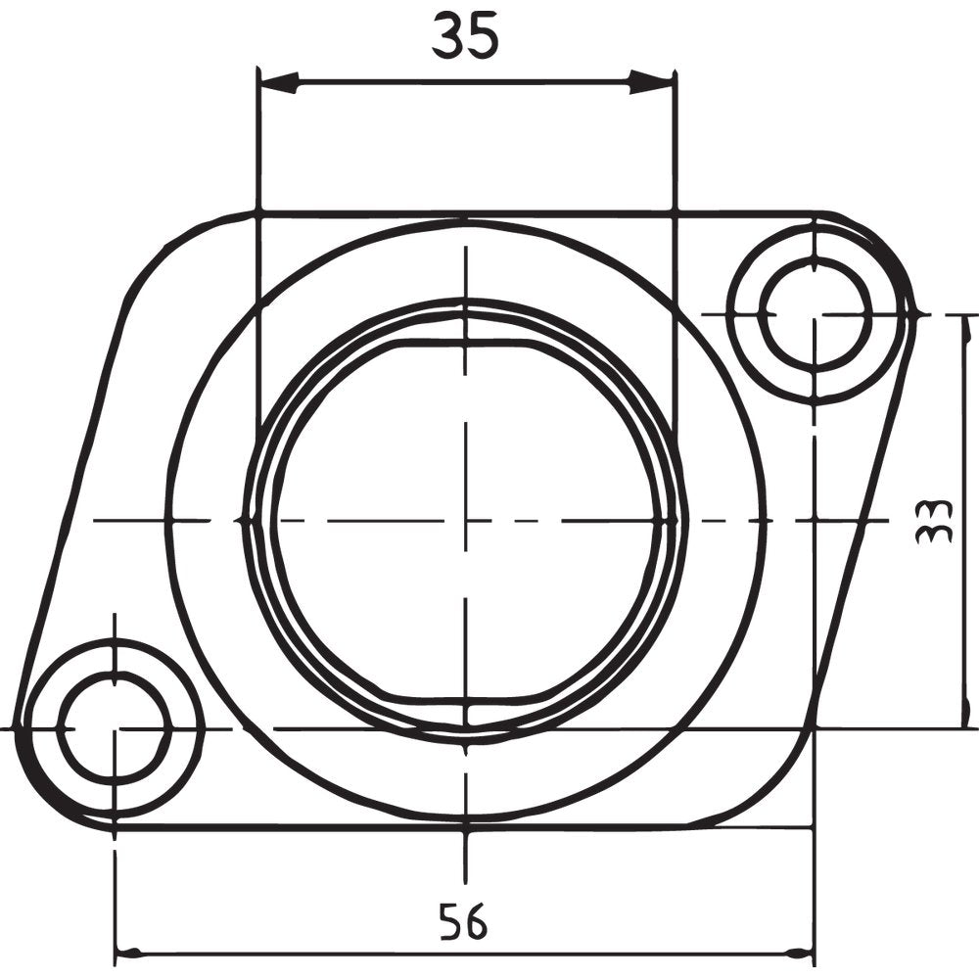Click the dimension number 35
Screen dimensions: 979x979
pyautogui.click(x=465, y=36)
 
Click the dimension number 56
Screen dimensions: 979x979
pyautogui.click(x=462, y=921)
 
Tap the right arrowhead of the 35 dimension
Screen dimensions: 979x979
pyautogui.click(x=654, y=83)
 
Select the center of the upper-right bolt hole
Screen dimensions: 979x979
pyautogui.click(x=815, y=314)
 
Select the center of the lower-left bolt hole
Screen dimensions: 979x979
pyautogui.click(x=115, y=728)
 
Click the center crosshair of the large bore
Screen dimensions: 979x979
pyautogui.click(x=466, y=520)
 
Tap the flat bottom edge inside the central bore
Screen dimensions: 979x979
pyautogui.click(x=466, y=699)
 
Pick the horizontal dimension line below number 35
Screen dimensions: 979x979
pyautogui.click(x=465, y=83)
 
